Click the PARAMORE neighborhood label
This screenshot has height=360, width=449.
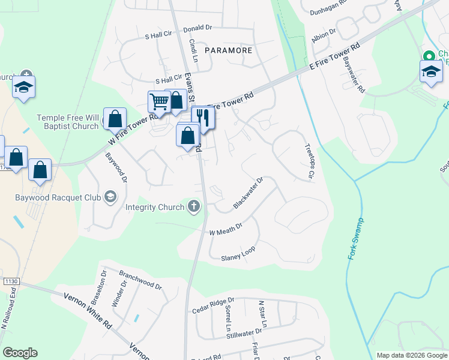(x=228, y=50)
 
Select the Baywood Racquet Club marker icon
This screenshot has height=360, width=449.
(x=110, y=197)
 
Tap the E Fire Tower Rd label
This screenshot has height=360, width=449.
(x=334, y=57)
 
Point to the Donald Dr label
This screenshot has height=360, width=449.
(x=198, y=28)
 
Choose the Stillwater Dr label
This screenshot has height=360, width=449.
(x=244, y=333)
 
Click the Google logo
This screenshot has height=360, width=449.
(x=20, y=353)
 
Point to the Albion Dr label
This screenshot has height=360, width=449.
(x=324, y=34)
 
